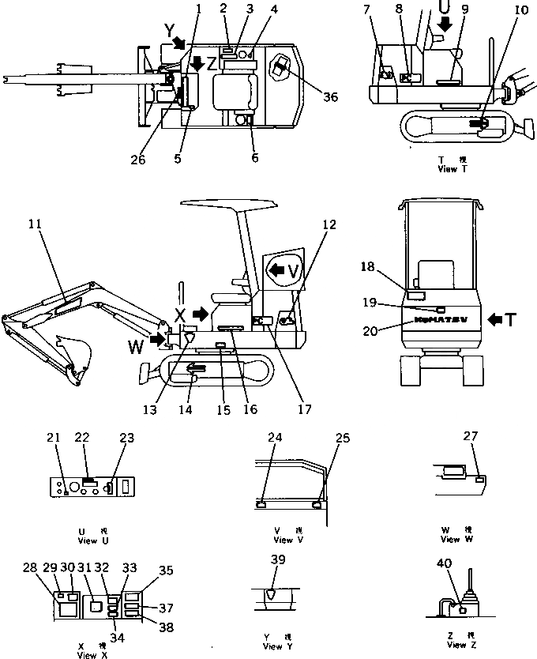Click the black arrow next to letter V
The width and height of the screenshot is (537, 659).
point(279,270)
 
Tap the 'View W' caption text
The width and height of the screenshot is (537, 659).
point(451,539)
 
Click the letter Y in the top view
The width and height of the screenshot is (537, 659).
point(168,30)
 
